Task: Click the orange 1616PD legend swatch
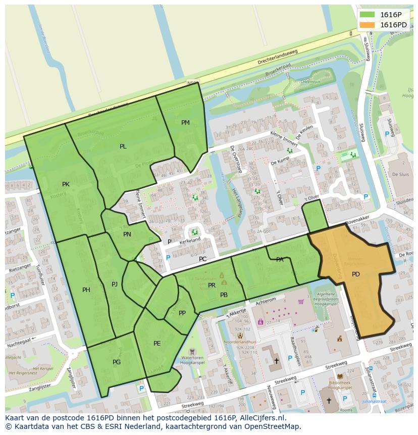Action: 367,25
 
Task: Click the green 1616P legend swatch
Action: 367,15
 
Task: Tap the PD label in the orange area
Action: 356,274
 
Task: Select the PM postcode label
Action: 185,123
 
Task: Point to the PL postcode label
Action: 123,147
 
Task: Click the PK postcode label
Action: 66,184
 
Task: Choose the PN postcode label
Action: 127,234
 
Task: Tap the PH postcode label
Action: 86,290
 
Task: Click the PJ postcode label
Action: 115,284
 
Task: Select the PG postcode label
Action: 117,362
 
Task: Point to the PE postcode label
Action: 157,344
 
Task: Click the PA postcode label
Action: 280,260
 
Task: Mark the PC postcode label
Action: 203,259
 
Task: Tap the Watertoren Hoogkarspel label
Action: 192,361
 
